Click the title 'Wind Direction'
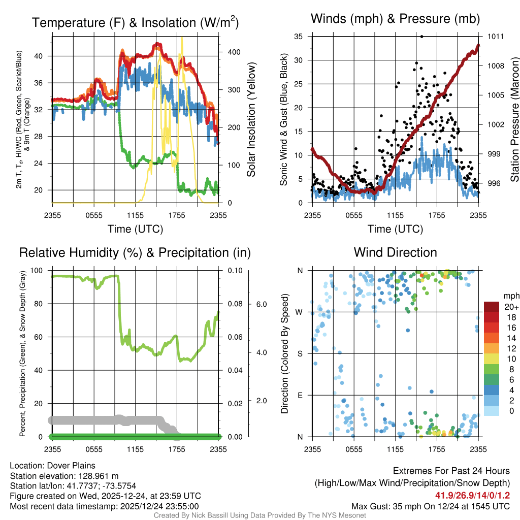pyautogui.click(x=395, y=252)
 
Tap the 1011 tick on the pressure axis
pyautogui.click(x=496, y=37)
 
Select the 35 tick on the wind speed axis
pyautogui.click(x=298, y=37)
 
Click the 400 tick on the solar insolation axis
pyautogui.click(x=234, y=52)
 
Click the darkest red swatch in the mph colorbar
pyautogui.click(x=492, y=307)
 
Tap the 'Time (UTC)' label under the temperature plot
pyautogui.click(x=136, y=229)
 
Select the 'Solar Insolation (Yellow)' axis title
pyautogui.click(x=251, y=119)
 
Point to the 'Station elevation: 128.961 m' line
pyautogui.click(x=64, y=476)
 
